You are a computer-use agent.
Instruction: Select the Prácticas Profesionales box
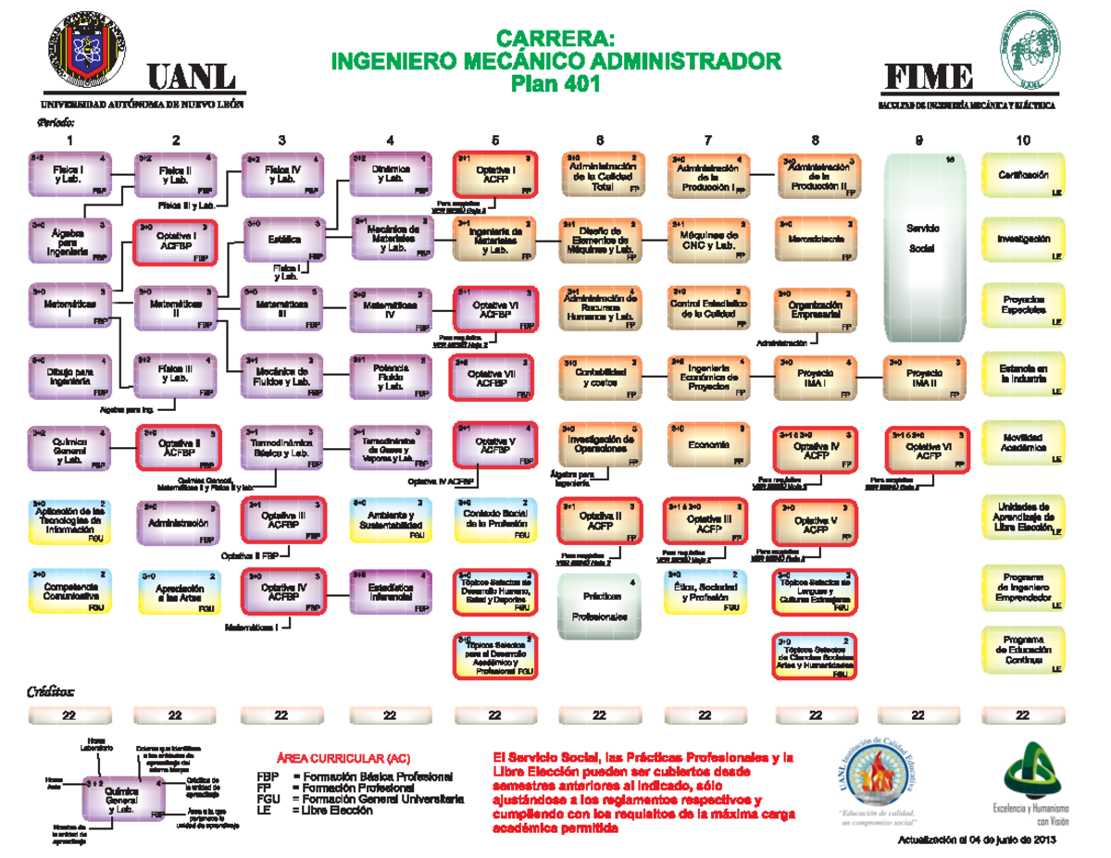coord(599,606)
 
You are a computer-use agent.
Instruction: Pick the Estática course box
coord(283,239)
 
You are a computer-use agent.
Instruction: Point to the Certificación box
coord(1022,176)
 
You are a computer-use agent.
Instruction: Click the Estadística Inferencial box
coord(390,592)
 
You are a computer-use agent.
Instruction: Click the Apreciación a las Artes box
coord(176,592)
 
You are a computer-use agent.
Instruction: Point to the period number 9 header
coord(918,141)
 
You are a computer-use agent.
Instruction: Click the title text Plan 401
coord(555,84)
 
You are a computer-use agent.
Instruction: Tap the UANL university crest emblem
coord(86,50)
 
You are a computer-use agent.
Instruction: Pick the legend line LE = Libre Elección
coord(314,810)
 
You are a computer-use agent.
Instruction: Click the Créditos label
coord(52,692)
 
